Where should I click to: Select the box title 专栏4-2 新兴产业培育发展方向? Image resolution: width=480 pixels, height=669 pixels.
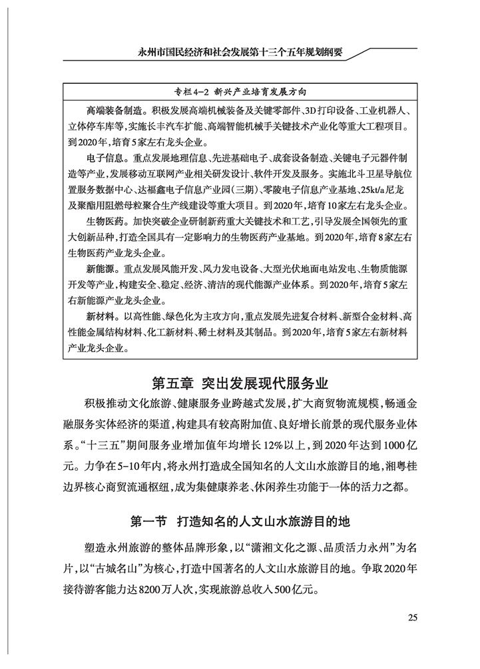240,91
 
